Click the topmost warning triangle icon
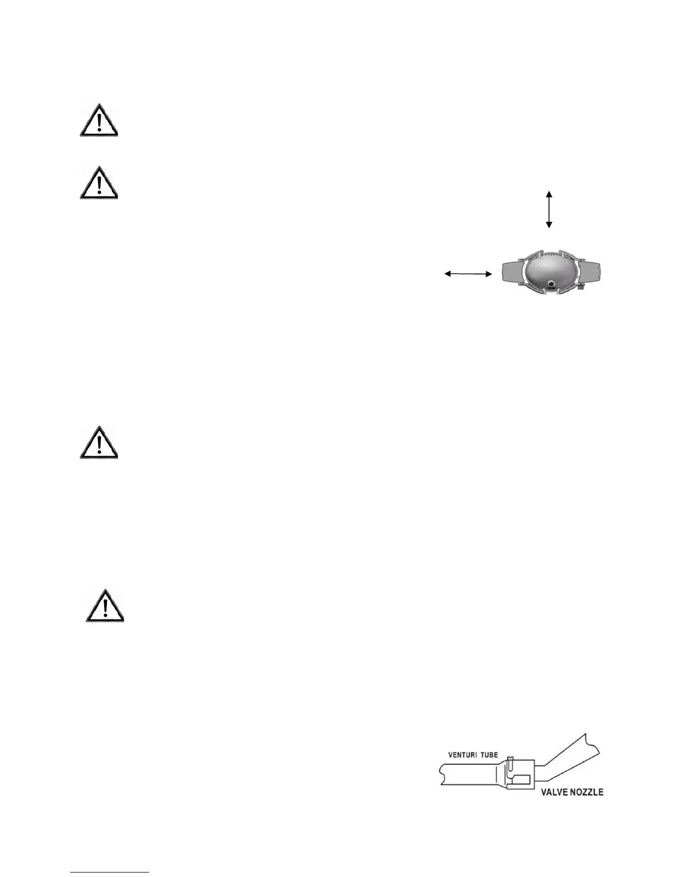click(x=98, y=121)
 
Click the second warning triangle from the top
click(x=98, y=183)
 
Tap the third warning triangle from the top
click(x=98, y=443)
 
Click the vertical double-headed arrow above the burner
click(x=549, y=209)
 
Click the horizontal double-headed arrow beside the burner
click(x=469, y=274)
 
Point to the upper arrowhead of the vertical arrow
click(x=549, y=193)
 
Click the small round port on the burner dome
click(x=552, y=283)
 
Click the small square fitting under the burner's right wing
click(x=581, y=287)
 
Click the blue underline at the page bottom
click(x=110, y=873)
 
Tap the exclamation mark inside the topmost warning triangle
click(x=98, y=122)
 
